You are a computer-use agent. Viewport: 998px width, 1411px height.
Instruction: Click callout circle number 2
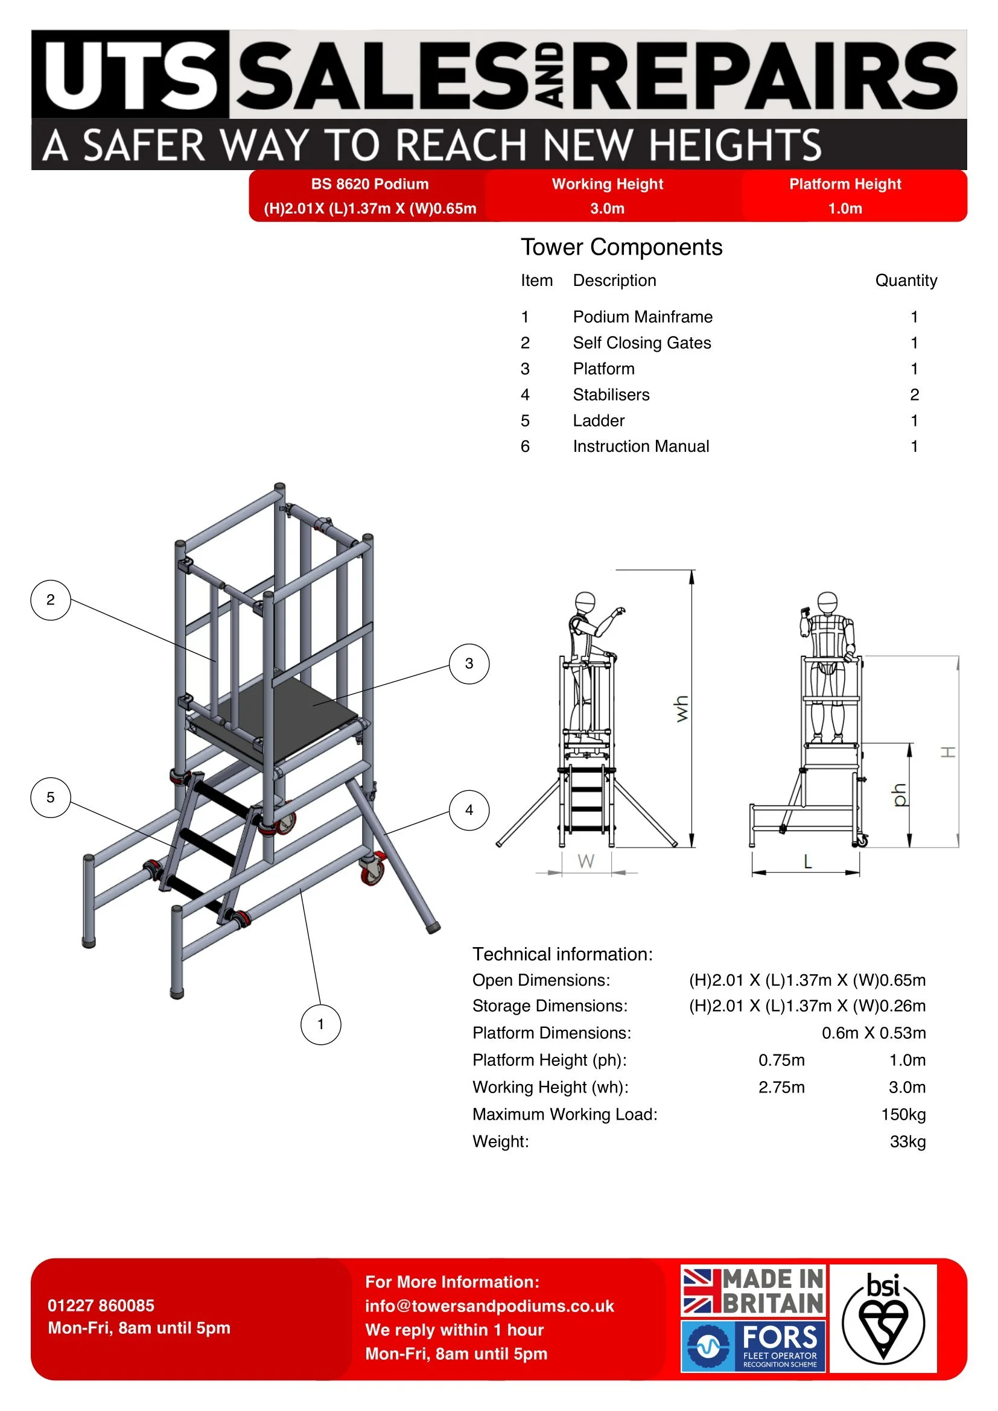(51, 600)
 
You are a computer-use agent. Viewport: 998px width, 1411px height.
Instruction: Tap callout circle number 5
(51, 797)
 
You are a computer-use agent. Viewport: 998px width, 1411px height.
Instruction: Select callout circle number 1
(320, 1024)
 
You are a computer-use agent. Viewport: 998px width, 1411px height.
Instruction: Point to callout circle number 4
(469, 810)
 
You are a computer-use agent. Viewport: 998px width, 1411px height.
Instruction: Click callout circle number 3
(469, 664)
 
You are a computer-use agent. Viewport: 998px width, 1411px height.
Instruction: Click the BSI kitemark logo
(883, 1317)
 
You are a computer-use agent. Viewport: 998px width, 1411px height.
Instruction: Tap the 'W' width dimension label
(586, 861)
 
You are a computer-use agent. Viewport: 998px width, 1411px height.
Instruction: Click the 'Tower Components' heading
(621, 247)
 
